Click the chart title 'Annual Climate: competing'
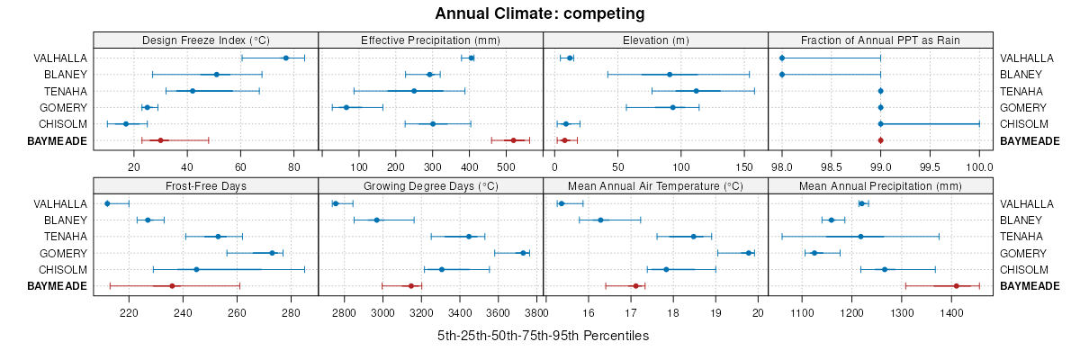pos(540,13)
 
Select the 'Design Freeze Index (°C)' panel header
pos(206,40)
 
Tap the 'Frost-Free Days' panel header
pos(206,186)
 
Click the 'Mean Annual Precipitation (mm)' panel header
pos(880,186)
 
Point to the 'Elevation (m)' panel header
pos(655,40)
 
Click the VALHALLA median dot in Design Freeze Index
pos(285,58)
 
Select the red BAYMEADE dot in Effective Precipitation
pos(513,140)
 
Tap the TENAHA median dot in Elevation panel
pos(696,91)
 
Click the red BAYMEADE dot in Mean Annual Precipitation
pos(956,286)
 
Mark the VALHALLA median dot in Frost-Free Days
pos(107,203)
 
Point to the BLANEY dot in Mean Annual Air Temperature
pos(600,220)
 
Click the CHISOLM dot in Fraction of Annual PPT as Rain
pos(880,124)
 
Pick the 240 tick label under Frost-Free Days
pos(183,312)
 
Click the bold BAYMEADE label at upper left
pos(58,141)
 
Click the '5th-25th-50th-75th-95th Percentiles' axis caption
pos(543,336)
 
